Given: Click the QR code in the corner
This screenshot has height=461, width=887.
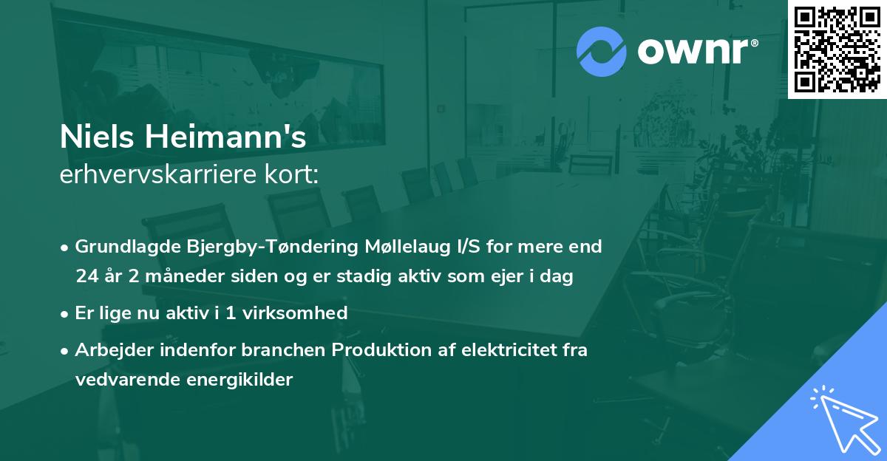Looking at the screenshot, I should [837, 49].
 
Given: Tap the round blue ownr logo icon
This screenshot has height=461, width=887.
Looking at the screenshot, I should [602, 52].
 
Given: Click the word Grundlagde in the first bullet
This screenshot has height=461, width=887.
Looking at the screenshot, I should [118, 247].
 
